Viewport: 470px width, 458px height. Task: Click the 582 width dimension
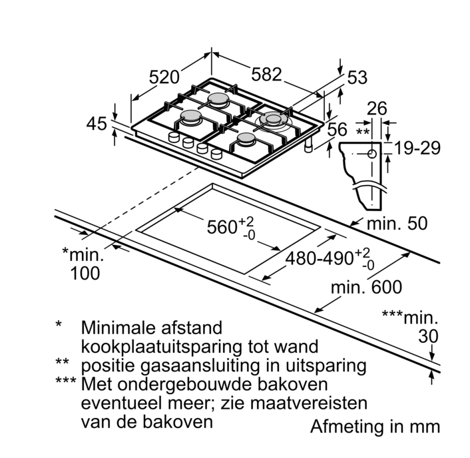tap(266, 75)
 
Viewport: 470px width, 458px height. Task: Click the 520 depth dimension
tap(163, 77)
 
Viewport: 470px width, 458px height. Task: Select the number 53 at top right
tap(357, 78)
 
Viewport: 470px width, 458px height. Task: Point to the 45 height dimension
tap(97, 124)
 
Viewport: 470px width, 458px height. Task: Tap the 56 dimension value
tap(338, 130)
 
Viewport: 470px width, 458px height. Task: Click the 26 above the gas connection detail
tap(377, 108)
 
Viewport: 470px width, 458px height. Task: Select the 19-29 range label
tap(415, 148)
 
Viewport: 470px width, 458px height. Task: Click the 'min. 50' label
tap(397, 224)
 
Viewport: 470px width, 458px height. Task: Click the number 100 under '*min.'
tap(85, 272)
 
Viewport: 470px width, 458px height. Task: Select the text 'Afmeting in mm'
tap(375, 426)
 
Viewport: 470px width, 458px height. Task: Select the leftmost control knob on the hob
tap(174, 136)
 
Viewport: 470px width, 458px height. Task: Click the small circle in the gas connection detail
tap(371, 154)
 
